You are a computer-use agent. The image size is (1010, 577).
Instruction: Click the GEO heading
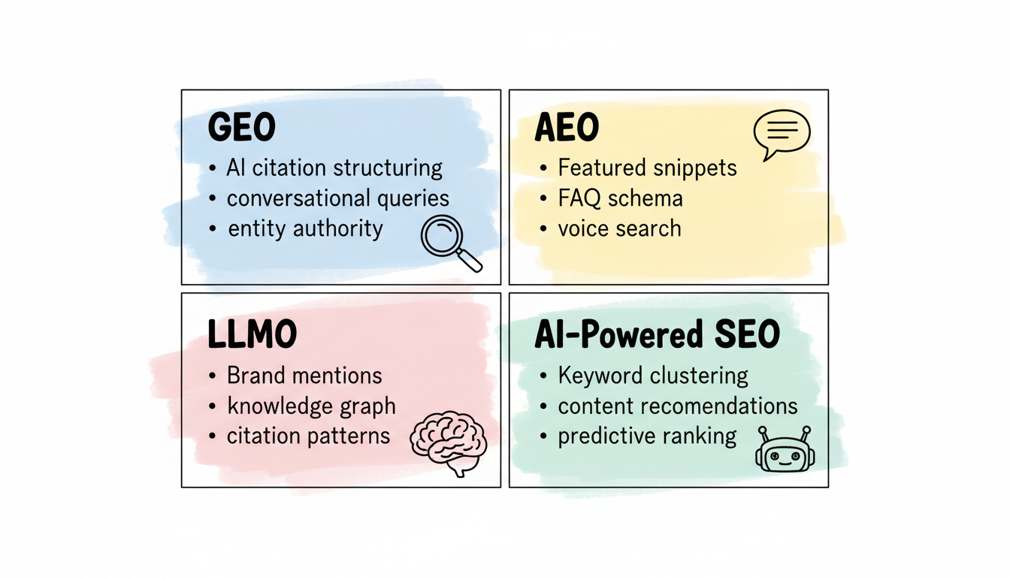coord(241,128)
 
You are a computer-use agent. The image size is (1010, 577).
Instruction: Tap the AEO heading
coord(567,128)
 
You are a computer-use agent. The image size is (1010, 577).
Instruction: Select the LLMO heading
coord(252,336)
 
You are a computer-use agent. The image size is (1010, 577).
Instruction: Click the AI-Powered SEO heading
coord(658,336)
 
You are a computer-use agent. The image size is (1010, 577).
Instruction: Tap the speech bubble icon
coord(781,134)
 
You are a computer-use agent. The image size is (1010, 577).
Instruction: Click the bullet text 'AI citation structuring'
coord(334,168)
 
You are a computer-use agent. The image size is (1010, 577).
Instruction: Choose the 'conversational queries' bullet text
coord(338,198)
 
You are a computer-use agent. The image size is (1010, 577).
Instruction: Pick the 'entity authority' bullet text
coord(305,228)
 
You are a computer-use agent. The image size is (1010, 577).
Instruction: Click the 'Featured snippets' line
coord(647,168)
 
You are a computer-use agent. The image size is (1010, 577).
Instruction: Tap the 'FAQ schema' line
coord(620,198)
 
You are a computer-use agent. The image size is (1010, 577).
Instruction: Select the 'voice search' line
coord(619,228)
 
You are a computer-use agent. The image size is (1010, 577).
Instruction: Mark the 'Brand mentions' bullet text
coord(304,376)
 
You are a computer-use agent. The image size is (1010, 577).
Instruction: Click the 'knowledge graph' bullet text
coord(311,406)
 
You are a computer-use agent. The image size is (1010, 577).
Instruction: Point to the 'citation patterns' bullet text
coord(308,436)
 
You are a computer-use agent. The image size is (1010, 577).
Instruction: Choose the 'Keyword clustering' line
coord(653,376)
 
